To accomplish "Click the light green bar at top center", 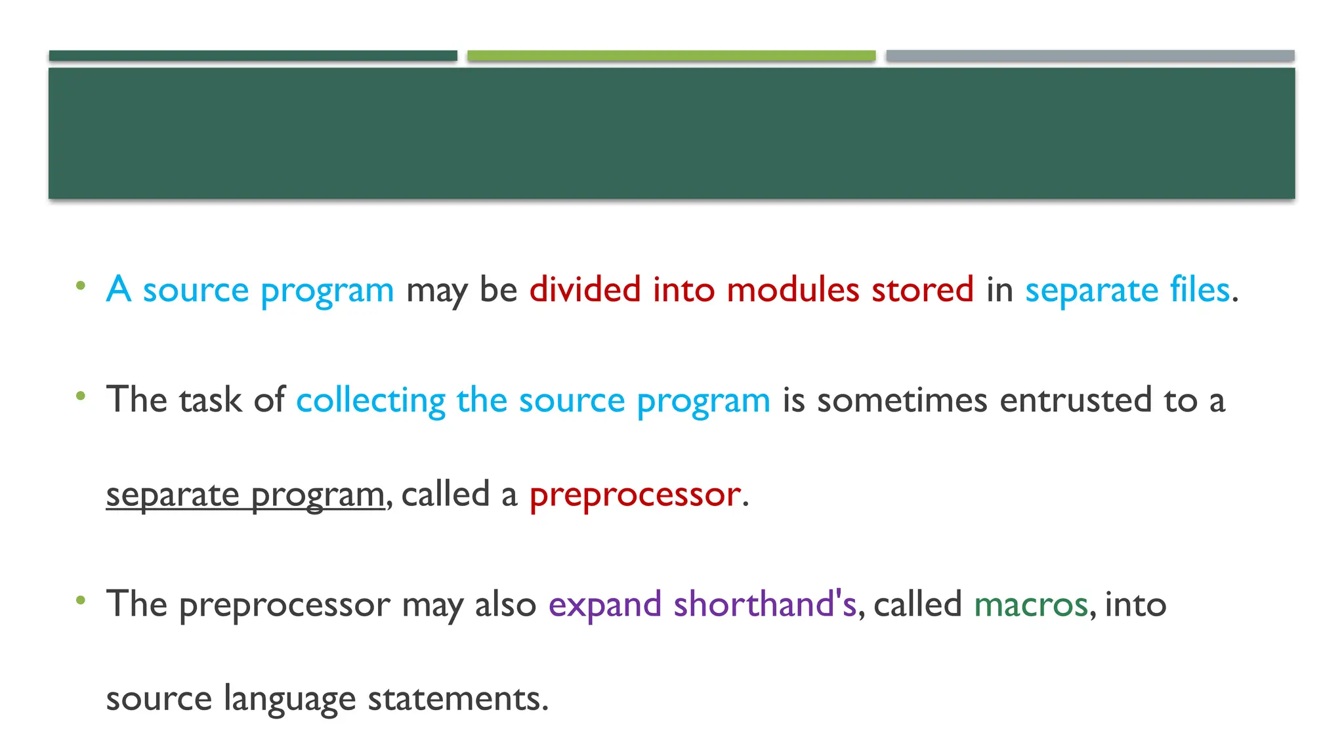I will coord(671,56).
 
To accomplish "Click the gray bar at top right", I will coord(1089,56).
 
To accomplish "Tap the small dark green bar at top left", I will coord(253,56).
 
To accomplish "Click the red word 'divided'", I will coord(585,289).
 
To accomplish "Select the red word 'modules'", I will coord(793,289).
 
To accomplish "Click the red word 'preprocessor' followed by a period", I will coord(635,495).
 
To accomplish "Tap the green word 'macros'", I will coord(1030,604).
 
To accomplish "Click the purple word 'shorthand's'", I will coord(765,604).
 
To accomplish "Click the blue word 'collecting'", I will coord(371,400).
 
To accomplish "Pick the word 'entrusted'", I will coord(1076,400).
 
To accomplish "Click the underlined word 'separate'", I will coord(173,495).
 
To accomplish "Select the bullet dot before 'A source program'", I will coord(81,285).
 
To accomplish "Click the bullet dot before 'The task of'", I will coord(81,396).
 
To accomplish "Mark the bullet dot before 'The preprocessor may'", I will coord(81,600).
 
